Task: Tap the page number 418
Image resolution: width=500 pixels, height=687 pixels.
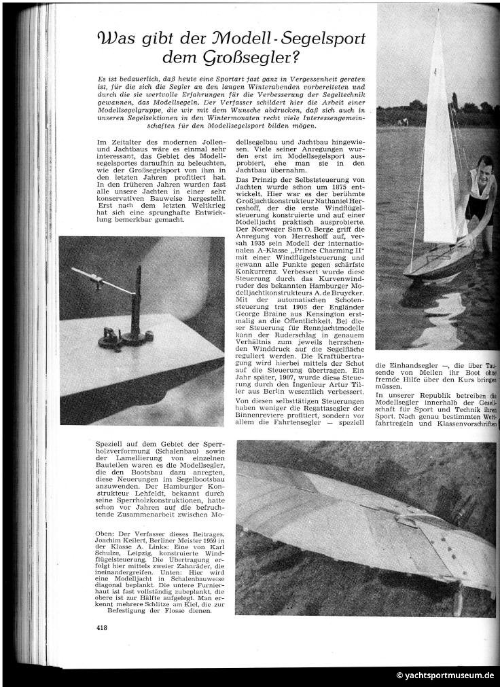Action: (x=102, y=627)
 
